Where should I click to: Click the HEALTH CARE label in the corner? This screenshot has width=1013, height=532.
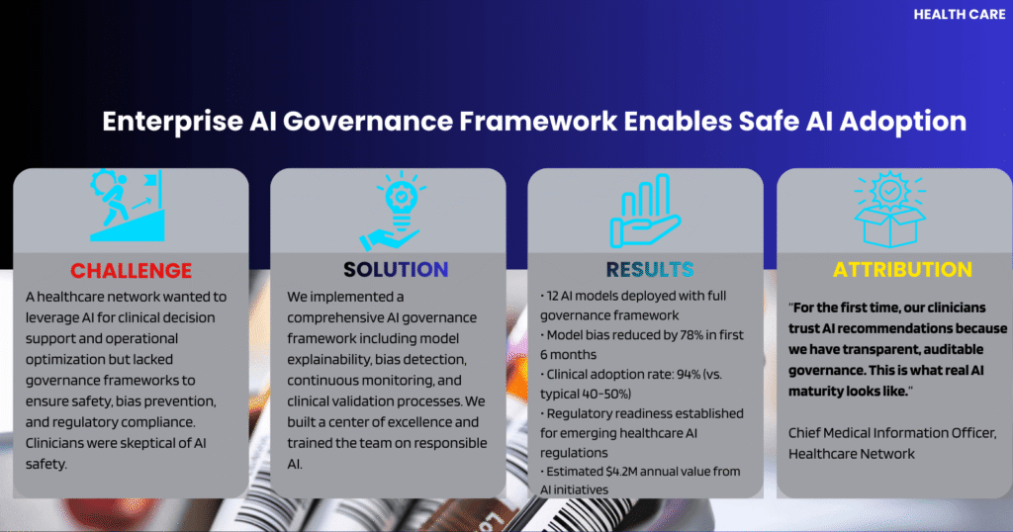pyautogui.click(x=959, y=14)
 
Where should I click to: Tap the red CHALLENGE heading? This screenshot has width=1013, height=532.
pyautogui.click(x=132, y=271)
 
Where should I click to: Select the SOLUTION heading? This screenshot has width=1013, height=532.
pyautogui.click(x=396, y=269)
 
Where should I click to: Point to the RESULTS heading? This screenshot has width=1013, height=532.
pyautogui.click(x=649, y=269)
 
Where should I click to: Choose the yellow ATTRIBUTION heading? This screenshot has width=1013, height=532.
pyautogui.click(x=902, y=269)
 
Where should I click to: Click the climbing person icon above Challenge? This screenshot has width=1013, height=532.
pyautogui.click(x=127, y=206)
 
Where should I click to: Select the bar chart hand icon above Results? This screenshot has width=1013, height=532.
pyautogui.click(x=645, y=212)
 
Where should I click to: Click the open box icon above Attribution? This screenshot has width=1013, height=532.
pyautogui.click(x=889, y=210)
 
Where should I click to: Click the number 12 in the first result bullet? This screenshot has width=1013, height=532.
pyautogui.click(x=552, y=296)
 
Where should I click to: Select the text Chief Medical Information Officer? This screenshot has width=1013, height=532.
pyautogui.click(x=892, y=433)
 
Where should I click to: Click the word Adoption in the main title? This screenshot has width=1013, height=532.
pyautogui.click(x=902, y=123)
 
